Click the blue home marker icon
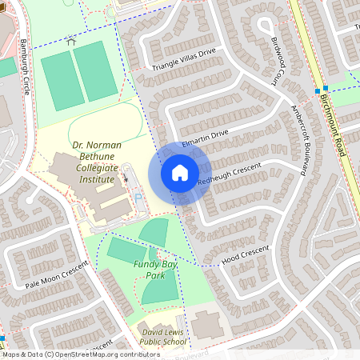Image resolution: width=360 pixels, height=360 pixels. coord(180,173)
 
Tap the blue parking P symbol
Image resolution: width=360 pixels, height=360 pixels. coord(138,198)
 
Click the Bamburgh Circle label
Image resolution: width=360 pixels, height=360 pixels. coord(26,65)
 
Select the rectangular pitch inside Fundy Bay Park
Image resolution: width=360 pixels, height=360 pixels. coord(126,250)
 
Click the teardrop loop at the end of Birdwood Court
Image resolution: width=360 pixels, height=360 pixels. coord(263,24)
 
